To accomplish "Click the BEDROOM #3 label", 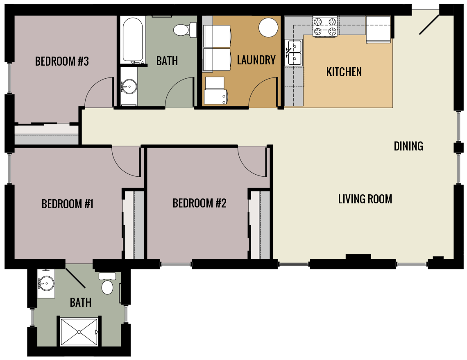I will coord(62,62).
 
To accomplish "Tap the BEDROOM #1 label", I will coord(68,204).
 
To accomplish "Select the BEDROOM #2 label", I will coord(199,203).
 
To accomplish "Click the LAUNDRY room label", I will coord(256,60).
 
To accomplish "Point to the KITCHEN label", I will coord(344,72).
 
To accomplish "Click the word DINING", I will coord(408,146).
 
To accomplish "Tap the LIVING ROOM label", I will coord(365,199).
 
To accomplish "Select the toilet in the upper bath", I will coord(183,30).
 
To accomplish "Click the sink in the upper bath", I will coord(129,86).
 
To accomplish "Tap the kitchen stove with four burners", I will coord(325,26).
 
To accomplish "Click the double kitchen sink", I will coord(295,53).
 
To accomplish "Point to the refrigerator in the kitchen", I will coord(378,30).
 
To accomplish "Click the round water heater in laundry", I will coord(269,27).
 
